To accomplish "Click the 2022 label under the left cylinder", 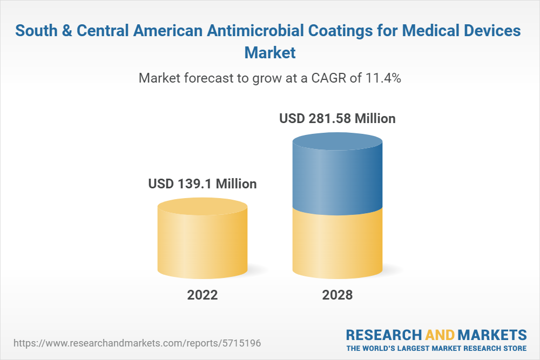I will point(202,295).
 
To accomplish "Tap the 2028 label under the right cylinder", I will point(337,295).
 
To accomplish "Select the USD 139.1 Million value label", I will point(202,184).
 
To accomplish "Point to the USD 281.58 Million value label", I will point(337,118).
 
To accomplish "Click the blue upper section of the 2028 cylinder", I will point(337,175).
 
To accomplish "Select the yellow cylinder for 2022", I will point(202,240).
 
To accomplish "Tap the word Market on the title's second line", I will point(270,53).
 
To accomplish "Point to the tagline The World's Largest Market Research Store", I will point(436,348).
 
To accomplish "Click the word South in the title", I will point(36,31).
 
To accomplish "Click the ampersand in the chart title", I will point(67,31).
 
